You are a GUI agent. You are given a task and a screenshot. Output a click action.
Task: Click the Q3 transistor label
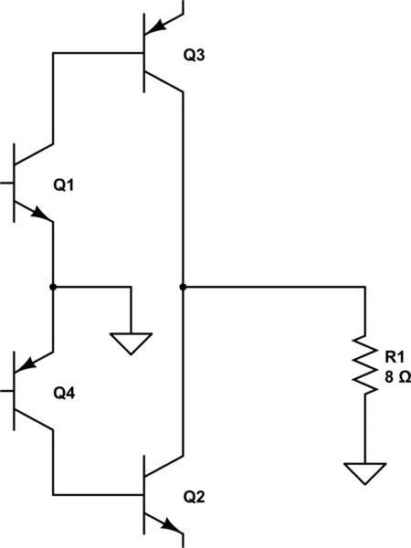click(x=195, y=56)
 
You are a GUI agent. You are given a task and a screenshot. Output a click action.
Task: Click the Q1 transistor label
click(x=64, y=185)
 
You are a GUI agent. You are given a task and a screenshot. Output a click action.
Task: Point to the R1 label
click(x=394, y=358)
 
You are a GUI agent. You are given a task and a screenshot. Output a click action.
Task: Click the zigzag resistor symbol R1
click(x=365, y=366)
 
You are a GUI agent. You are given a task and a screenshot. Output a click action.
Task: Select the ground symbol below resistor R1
click(x=365, y=474)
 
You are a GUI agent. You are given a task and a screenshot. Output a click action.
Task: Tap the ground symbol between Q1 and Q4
click(x=131, y=343)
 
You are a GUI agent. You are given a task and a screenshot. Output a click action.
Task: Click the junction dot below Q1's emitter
click(x=54, y=287)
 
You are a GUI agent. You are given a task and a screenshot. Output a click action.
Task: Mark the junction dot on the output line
click(x=184, y=287)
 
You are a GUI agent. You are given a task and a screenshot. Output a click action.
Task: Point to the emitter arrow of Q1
click(x=41, y=214)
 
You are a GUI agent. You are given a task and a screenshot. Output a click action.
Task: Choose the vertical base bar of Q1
click(x=16, y=183)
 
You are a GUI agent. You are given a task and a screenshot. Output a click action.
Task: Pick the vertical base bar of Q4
click(x=16, y=393)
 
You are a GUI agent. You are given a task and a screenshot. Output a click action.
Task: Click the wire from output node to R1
click(x=274, y=287)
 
